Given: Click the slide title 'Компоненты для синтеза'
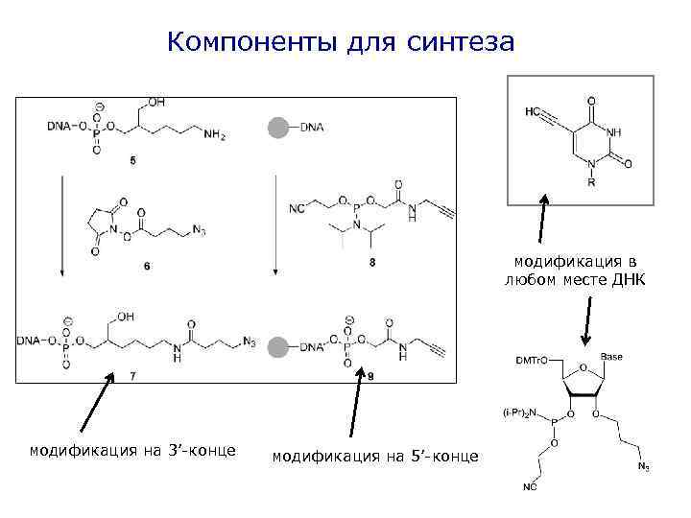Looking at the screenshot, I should (341, 43).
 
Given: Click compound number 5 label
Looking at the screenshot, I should (131, 160).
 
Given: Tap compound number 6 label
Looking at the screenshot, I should (147, 266).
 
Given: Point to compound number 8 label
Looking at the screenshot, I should (370, 262).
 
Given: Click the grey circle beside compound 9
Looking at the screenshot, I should (277, 346).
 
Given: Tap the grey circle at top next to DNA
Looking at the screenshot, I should (277, 127).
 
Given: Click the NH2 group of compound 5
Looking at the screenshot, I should (214, 135).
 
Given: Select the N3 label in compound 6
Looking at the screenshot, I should (199, 231).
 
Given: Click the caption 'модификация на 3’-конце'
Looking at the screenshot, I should (132, 450).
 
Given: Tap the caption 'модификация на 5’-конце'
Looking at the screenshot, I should (375, 458).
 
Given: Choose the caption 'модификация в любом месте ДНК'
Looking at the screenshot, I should (574, 270).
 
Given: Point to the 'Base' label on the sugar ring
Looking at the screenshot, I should (610, 357).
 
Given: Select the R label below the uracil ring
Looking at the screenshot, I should (590, 183).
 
